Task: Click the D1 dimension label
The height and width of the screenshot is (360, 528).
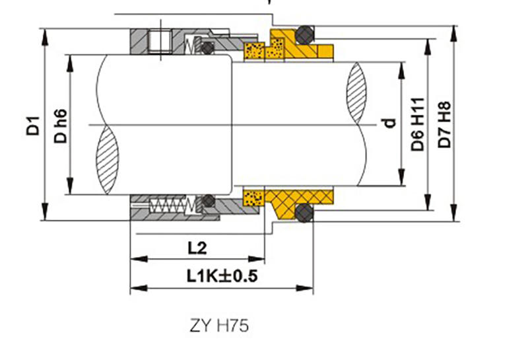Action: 33,126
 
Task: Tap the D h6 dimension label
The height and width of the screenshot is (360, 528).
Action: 61,126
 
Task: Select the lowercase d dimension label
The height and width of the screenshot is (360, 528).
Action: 389,123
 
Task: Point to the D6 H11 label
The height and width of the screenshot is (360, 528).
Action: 418,124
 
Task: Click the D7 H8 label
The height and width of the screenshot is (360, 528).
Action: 444,124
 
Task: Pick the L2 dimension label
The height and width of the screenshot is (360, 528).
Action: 197,248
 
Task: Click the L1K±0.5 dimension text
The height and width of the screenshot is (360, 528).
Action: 222,275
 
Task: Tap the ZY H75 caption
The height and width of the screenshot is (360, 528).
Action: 219,326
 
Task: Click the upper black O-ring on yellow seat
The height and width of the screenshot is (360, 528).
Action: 305,34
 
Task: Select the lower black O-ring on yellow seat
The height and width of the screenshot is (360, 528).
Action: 304,213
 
